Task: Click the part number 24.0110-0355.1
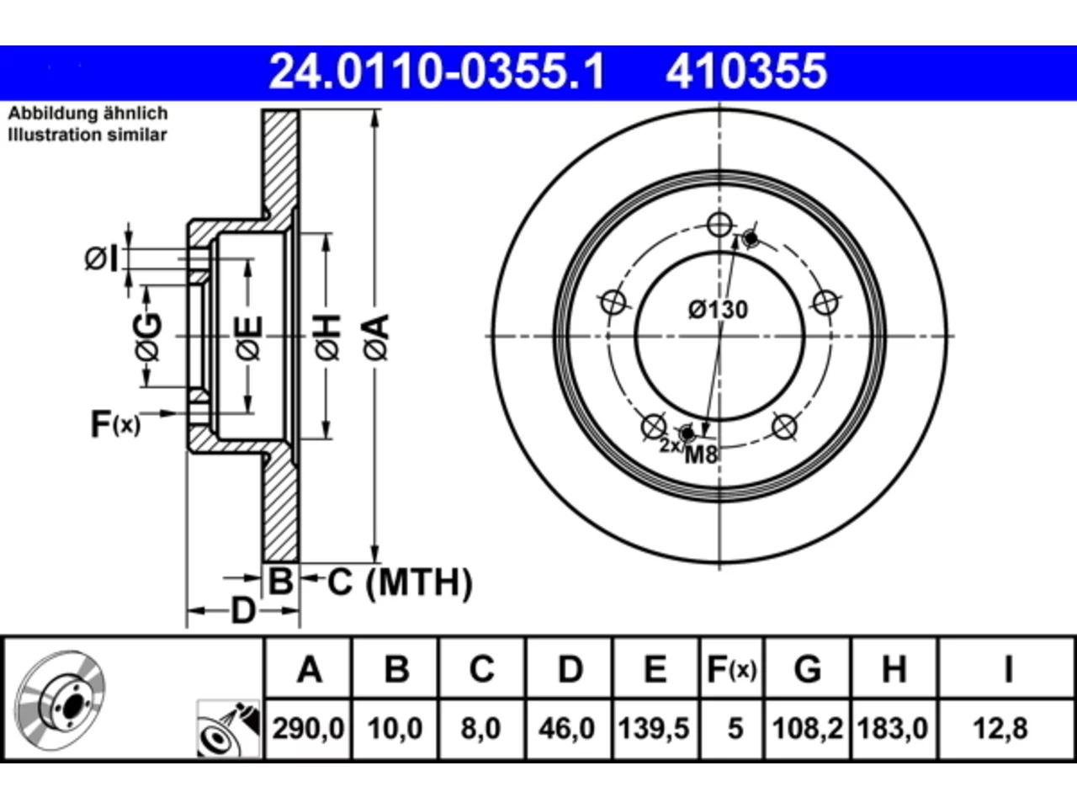(x=437, y=72)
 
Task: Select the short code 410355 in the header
(x=746, y=72)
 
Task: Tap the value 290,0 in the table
(x=308, y=729)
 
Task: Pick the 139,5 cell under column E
(x=654, y=729)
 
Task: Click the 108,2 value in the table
(x=808, y=729)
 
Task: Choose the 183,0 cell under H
(x=893, y=729)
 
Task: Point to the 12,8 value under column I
(x=1000, y=729)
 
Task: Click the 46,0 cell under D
(x=567, y=729)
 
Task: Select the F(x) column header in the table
(x=731, y=670)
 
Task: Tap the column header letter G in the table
(x=808, y=669)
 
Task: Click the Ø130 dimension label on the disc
(x=719, y=310)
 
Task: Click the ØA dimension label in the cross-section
(x=376, y=338)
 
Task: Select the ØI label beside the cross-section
(x=101, y=258)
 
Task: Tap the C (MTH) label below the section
(x=400, y=582)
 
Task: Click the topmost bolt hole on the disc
(x=719, y=225)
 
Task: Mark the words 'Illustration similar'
(x=88, y=135)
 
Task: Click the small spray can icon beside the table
(x=228, y=729)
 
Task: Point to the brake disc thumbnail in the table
(x=60, y=700)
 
